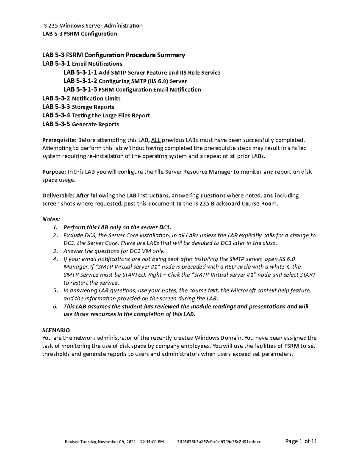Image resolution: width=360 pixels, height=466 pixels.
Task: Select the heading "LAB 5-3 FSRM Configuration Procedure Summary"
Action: [x=114, y=55]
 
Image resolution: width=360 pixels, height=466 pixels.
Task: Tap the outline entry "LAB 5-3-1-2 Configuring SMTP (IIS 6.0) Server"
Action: [x=125, y=81]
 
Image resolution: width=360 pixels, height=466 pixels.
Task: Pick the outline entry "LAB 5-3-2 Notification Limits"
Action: [x=81, y=98]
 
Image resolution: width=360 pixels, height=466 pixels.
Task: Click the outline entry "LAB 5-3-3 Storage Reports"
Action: [x=78, y=107]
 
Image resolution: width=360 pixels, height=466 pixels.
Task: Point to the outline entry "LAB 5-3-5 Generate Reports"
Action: [x=81, y=124]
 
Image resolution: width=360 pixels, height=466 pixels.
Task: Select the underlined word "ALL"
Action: [x=156, y=140]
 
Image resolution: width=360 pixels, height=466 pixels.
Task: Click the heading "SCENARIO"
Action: [x=56, y=330]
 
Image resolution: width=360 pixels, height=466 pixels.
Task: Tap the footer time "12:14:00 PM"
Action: [x=152, y=442]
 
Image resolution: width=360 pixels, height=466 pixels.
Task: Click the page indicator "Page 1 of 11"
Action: [x=301, y=441]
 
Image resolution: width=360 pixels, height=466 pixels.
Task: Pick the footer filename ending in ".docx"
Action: [x=219, y=442]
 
